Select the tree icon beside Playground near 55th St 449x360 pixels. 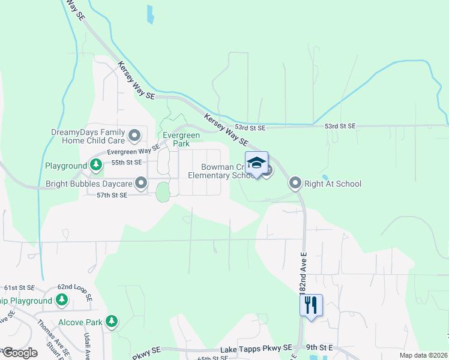coord(95,164)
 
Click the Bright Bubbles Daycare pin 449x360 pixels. coord(141,182)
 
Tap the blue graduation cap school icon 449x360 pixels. coord(256,164)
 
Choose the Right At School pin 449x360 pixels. coord(295,182)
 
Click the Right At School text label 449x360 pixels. coord(333,184)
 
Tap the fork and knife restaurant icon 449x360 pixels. coord(311,305)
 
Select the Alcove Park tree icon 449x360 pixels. coord(112,322)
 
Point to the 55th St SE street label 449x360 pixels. coord(126,162)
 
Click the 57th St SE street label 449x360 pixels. coord(112,195)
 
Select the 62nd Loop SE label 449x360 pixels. coord(74,292)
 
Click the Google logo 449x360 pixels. coord(19,353)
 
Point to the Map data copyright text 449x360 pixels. coord(423,355)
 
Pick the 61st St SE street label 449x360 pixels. coord(19,288)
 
